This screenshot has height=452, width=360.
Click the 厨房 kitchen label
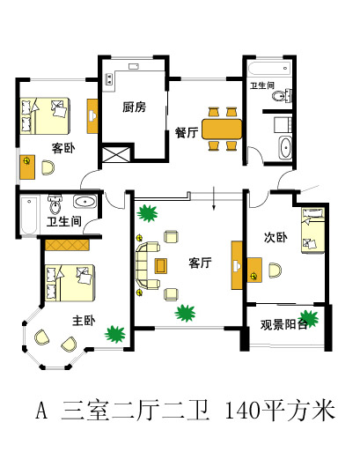click(x=134, y=107)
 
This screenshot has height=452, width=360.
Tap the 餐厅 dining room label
click(x=187, y=132)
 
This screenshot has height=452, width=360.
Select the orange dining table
click(x=222, y=129)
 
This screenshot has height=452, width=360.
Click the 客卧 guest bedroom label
click(x=63, y=148)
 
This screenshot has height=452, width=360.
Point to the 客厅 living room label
click(x=200, y=263)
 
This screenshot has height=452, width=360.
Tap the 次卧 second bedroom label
click(x=276, y=237)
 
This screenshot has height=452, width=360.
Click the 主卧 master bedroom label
click(x=84, y=321)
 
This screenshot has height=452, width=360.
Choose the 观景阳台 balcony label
click(x=283, y=324)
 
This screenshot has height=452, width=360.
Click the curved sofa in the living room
click(x=147, y=265)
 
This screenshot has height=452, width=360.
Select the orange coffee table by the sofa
click(x=161, y=266)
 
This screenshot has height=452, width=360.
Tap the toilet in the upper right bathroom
click(x=282, y=95)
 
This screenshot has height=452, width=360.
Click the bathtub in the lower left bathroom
click(x=29, y=216)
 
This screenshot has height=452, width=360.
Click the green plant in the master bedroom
click(x=115, y=334)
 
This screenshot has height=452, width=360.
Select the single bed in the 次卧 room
click(x=313, y=230)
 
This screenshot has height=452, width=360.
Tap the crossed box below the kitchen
click(x=116, y=154)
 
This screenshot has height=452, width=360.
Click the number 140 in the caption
click(x=243, y=411)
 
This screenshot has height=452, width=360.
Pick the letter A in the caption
click(x=41, y=411)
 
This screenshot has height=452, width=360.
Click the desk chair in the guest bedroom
click(x=48, y=167)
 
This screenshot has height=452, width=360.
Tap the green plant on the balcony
click(x=308, y=318)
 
